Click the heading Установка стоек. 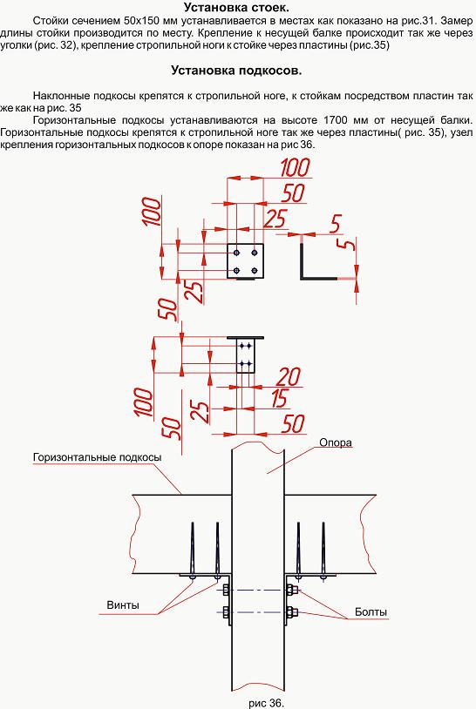coord(236,7)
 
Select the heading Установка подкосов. coord(236,71)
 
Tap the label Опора coord(336,442)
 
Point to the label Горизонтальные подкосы coord(97,457)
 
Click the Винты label coord(123,605)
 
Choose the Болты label coord(371,612)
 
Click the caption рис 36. coord(267,703)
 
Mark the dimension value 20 coord(289,376)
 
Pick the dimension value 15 coord(279,398)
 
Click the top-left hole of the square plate coord(236,252)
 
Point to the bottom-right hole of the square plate coord(255,270)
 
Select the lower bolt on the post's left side coord(226,612)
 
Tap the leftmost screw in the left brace coord(193,550)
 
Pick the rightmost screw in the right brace coord(323,550)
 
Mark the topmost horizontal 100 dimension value coord(295,167)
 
